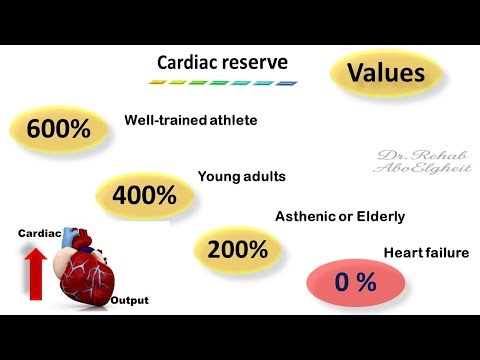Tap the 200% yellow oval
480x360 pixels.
237,249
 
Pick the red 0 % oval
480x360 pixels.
355,282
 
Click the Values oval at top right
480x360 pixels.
385,73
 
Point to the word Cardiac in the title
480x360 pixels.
189,63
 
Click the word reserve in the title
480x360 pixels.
257,63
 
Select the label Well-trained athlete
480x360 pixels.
191,120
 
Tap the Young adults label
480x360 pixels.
242,176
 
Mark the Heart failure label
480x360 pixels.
426,253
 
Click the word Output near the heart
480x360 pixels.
129,300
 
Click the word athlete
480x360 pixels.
233,120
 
